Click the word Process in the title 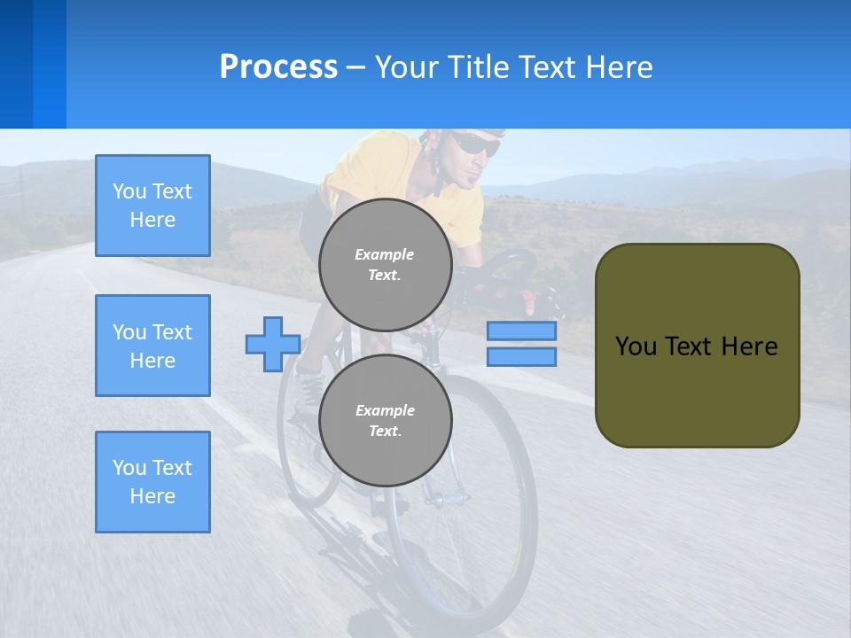pos(278,67)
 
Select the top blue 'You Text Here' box pos(152,206)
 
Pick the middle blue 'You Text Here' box pos(152,346)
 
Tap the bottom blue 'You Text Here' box pos(152,482)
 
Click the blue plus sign pos(273,344)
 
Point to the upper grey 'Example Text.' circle pos(385,265)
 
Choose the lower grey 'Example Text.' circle pos(385,421)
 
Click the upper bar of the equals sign pos(521,331)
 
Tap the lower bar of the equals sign pos(521,356)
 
